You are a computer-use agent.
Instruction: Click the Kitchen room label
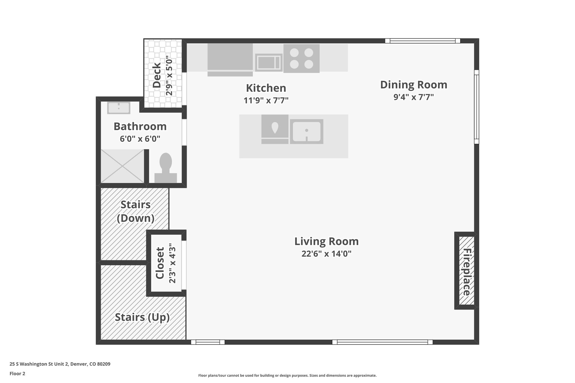(x=266, y=88)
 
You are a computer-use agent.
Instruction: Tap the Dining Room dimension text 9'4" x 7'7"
(x=414, y=97)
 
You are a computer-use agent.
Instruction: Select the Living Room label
(x=326, y=241)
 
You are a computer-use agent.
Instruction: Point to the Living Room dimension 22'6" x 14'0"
(x=326, y=254)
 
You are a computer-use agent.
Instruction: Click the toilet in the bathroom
(x=166, y=168)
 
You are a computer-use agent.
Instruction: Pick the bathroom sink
(x=119, y=108)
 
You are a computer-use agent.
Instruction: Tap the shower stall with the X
(x=122, y=166)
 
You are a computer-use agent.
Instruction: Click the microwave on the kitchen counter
(x=269, y=62)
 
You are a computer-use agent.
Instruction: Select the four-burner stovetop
(x=302, y=58)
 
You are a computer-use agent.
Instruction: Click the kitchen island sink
(x=307, y=132)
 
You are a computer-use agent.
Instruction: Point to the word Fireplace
(x=467, y=272)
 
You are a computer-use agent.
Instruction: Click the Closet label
(x=160, y=263)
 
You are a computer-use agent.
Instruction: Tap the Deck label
(x=157, y=75)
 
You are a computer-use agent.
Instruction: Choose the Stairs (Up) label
(x=142, y=317)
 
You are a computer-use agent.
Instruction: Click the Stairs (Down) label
(x=136, y=211)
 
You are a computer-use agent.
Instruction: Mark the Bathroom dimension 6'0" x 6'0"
(x=140, y=139)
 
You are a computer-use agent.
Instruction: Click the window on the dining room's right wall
(x=476, y=107)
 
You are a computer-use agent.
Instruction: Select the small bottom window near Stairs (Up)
(x=208, y=342)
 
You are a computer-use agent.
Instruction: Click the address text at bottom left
(x=60, y=364)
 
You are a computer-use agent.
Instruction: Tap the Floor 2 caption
(x=17, y=373)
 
